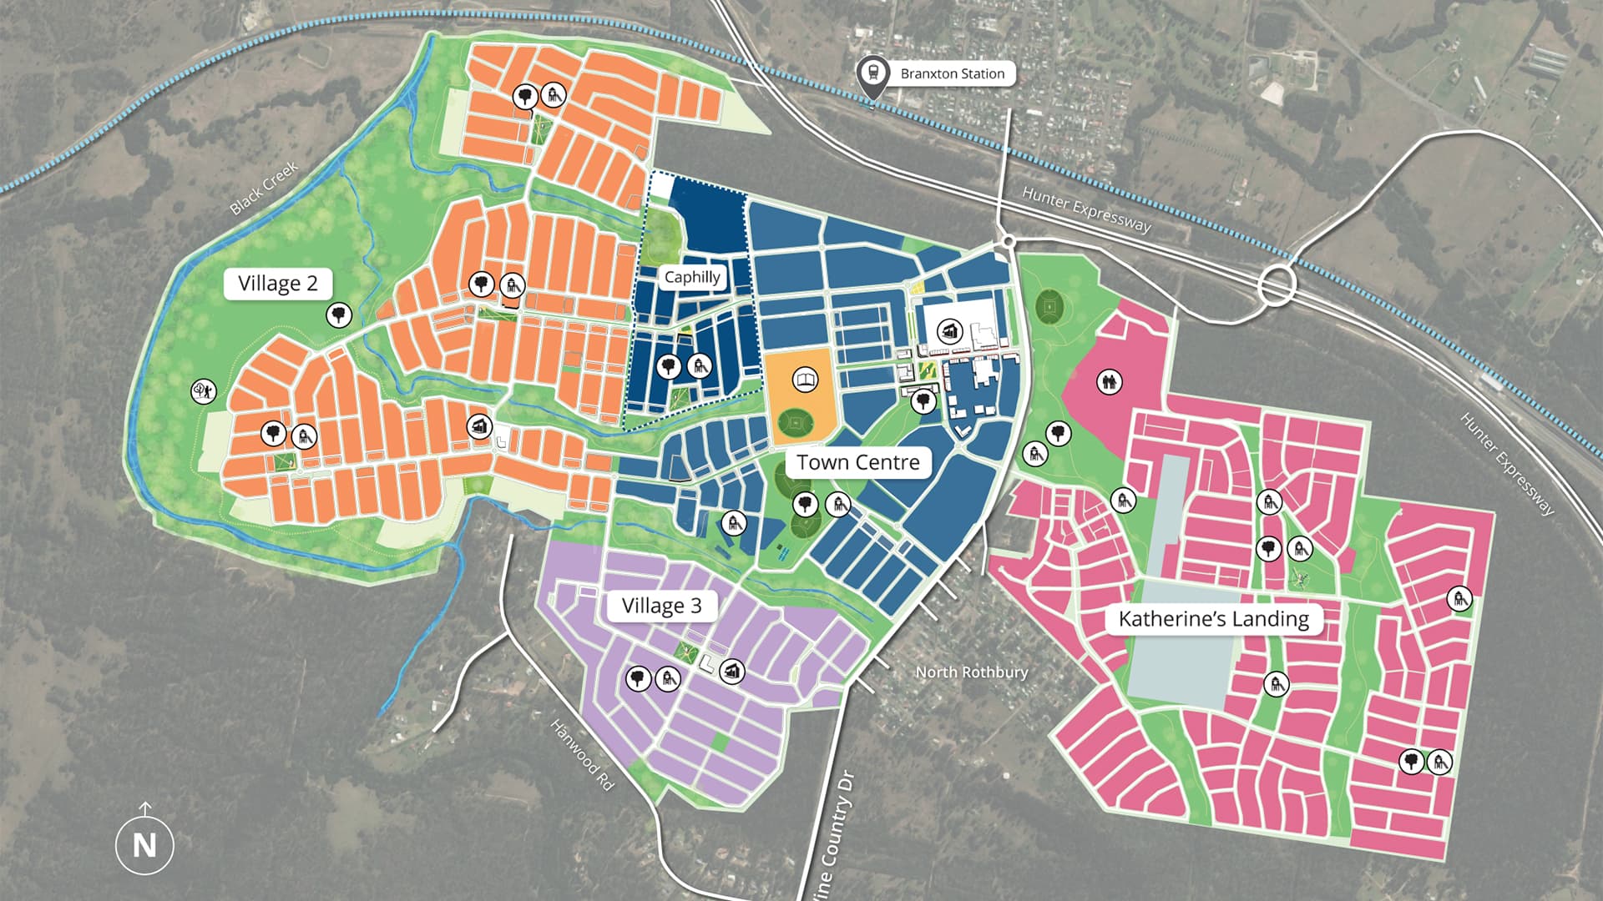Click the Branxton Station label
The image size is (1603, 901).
tap(952, 73)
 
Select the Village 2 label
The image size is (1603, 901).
tap(277, 284)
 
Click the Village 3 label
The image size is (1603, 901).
tap(661, 606)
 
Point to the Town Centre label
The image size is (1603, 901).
tap(857, 462)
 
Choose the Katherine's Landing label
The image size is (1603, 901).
tap(1213, 619)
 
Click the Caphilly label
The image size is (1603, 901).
tap(692, 277)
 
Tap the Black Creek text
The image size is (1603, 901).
tap(264, 189)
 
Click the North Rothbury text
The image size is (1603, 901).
tap(971, 672)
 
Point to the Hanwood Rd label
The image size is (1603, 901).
tap(582, 755)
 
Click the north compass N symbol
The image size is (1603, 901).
tap(144, 844)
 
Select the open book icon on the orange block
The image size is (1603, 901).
tap(805, 381)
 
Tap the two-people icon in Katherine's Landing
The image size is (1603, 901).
tap(1109, 382)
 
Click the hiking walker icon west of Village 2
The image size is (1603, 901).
tap(204, 390)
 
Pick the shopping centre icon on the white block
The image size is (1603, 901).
tap(950, 331)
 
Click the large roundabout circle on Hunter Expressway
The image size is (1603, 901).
tap(1277, 284)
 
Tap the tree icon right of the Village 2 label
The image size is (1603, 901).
tap(338, 315)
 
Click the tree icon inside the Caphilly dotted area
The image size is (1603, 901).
tap(669, 365)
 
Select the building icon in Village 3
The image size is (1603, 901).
tap(732, 671)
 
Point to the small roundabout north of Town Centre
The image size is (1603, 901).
tap(1009, 242)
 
